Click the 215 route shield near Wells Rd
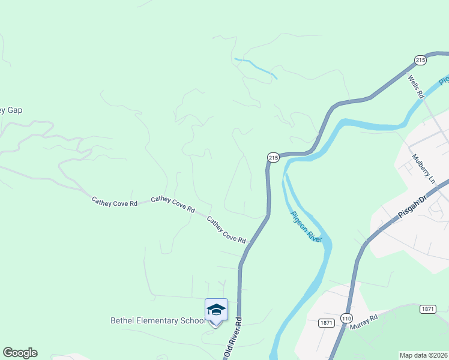coord(420,60)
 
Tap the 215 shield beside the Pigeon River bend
coord(273,157)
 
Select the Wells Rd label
coord(415,86)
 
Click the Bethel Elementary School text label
coord(158,320)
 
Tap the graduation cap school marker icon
coord(216,310)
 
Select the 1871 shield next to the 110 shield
coord(327,322)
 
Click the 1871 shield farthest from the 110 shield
coord(427,309)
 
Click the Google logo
coord(20,353)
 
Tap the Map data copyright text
coord(424,355)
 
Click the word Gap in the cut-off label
coord(15,110)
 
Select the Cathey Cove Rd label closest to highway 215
coord(226,230)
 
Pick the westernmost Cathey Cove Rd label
coord(114,202)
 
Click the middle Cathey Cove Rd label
coord(173,204)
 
